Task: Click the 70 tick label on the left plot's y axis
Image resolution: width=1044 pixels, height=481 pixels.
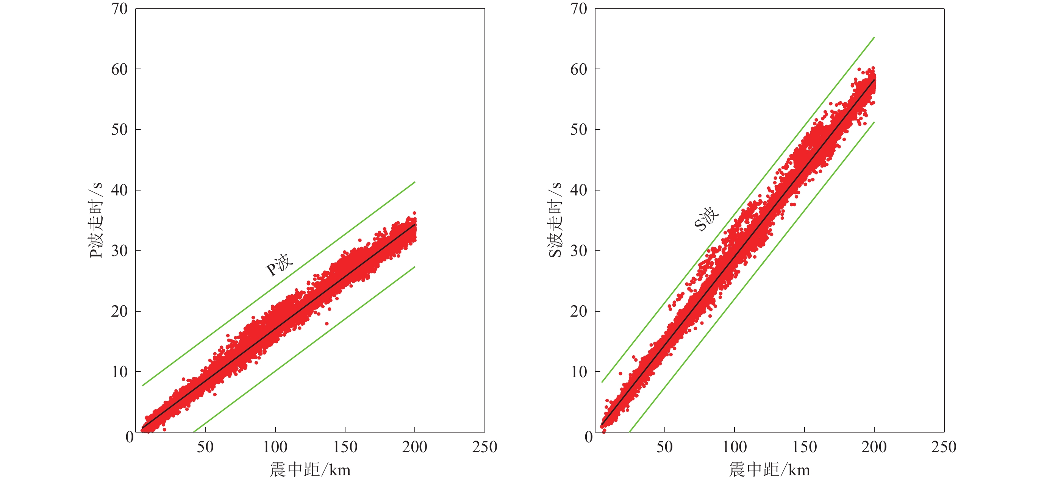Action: coord(119,9)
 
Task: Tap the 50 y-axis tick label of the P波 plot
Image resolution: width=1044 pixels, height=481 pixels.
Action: coord(119,130)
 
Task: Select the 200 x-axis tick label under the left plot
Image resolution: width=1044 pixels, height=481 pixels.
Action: coord(414,447)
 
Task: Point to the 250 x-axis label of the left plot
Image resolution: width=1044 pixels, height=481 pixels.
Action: coord(484,447)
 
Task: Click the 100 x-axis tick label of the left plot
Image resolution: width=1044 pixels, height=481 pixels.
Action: coord(275,447)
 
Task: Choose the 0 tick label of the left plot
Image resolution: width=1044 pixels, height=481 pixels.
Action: coord(129,437)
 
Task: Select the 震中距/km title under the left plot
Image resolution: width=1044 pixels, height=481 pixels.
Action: coord(310,470)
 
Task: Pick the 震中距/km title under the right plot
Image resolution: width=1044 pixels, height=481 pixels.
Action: coord(769,470)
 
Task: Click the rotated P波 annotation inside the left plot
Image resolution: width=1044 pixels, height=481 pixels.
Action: coord(279,265)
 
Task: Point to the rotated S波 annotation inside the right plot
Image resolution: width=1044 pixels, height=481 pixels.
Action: coord(706,219)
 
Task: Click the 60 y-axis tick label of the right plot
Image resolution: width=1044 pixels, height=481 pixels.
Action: coord(578,69)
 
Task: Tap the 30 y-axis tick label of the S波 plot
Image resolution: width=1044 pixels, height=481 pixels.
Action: coord(578,251)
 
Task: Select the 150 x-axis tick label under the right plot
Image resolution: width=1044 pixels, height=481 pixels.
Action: coord(804,447)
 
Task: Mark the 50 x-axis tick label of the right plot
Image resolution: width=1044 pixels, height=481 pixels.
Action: coord(664,447)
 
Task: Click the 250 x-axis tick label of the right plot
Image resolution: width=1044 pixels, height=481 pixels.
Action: coord(944,447)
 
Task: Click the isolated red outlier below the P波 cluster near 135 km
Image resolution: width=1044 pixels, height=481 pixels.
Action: coord(327,323)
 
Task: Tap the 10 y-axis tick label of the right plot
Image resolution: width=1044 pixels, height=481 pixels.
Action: coord(578,372)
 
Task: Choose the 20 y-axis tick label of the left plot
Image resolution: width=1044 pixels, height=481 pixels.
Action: coord(119,311)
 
